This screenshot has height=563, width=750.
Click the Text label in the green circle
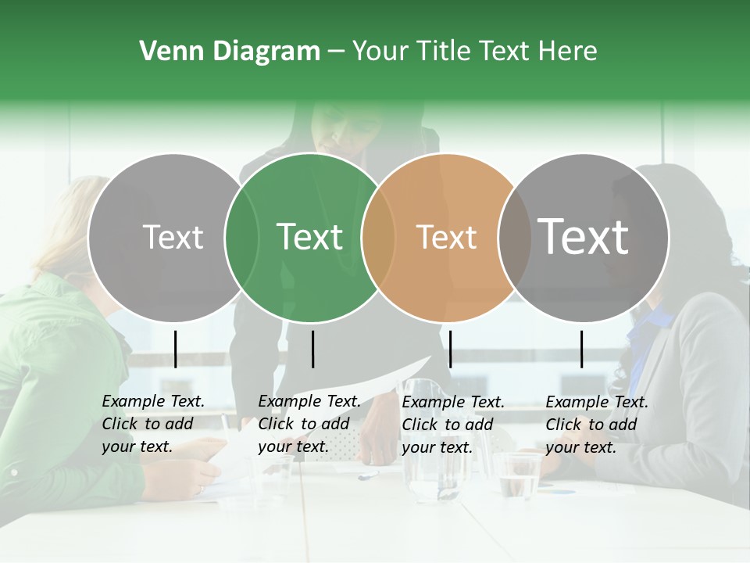coord(310,237)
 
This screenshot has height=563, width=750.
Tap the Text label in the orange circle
coord(447,237)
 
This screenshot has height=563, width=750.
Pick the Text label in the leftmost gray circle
coord(173,237)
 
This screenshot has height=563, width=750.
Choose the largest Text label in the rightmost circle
coord(584,237)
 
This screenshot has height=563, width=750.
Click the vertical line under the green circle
coord(312,349)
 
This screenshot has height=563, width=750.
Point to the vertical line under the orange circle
coord(450,349)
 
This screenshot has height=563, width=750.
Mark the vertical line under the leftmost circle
coord(175,349)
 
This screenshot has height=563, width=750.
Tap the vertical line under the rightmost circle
coord(581,349)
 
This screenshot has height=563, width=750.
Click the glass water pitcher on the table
coord(437,469)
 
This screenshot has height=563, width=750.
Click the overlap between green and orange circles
coord(378,238)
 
